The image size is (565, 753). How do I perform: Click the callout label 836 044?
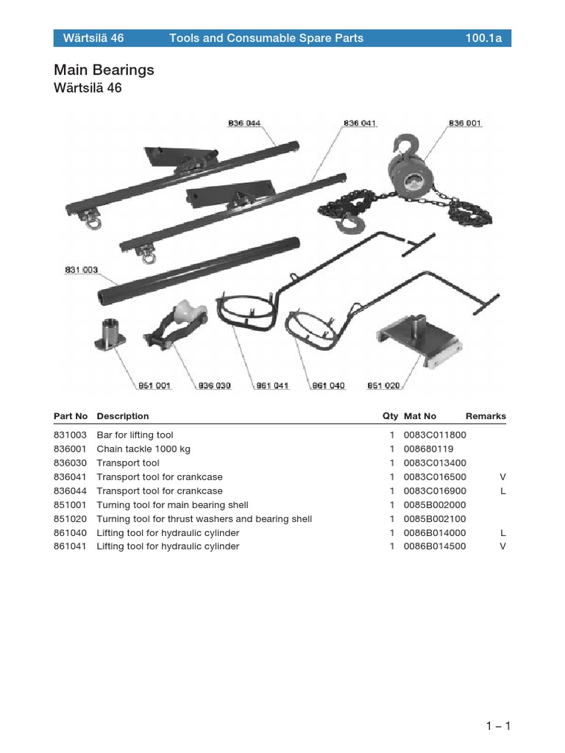(244, 124)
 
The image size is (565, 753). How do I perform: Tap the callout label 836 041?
(360, 124)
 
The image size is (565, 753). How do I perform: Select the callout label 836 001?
(465, 124)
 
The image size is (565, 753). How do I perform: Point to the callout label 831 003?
(81, 271)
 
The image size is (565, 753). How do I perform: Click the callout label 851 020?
(383, 385)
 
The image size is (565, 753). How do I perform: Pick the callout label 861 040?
(328, 385)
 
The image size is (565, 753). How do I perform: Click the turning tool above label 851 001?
(110, 334)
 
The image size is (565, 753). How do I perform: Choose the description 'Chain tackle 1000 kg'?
(143, 449)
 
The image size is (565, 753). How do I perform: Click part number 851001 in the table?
(70, 505)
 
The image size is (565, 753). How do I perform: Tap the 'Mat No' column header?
(420, 416)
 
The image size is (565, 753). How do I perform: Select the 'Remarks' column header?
(486, 416)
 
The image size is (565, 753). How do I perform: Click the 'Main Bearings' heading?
(104, 70)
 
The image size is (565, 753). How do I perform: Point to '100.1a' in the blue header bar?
(483, 38)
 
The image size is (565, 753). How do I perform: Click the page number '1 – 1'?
(498, 727)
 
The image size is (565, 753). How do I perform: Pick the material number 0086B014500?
(434, 546)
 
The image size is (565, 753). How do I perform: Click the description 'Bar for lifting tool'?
(135, 435)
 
